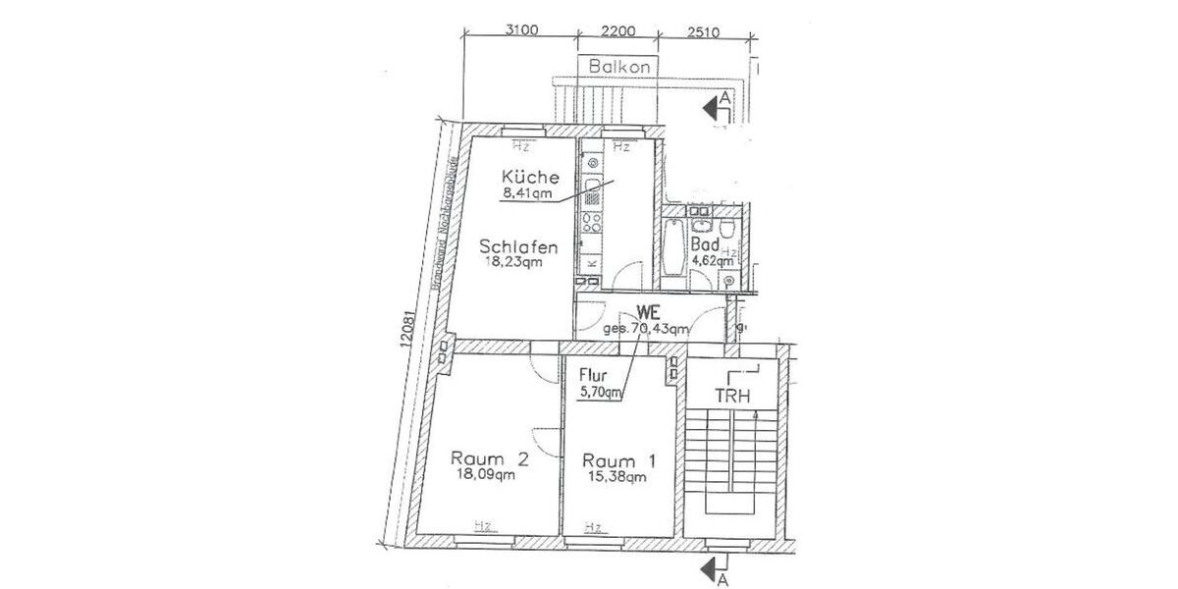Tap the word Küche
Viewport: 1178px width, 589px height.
530,178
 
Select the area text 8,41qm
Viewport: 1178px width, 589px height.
527,193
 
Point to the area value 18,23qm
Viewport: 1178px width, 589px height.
511,262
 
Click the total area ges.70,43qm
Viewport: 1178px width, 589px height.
645,329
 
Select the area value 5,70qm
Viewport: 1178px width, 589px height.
601,393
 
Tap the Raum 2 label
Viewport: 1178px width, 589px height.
490,457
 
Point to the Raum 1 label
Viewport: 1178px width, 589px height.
619,460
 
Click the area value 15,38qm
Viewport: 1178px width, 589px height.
615,478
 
